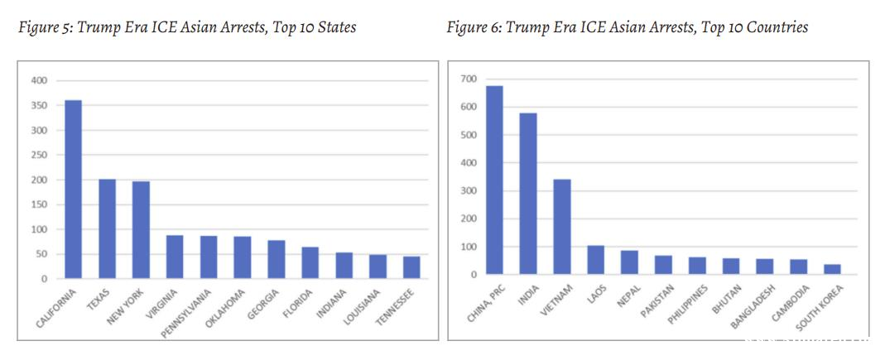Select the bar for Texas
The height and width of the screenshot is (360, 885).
107,228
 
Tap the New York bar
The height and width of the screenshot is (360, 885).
141,229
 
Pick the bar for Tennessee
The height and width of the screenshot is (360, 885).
411,267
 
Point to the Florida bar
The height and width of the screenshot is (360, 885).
310,262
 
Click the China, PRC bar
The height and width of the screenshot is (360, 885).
494,180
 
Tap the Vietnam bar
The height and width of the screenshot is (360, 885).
562,226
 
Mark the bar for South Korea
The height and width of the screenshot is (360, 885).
832,269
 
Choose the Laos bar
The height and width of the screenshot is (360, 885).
596,259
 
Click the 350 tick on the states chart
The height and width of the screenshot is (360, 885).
40,105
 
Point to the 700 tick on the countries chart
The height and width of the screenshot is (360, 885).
469,79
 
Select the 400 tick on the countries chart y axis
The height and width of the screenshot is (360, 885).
469,162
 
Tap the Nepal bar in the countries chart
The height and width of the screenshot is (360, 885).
629,262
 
